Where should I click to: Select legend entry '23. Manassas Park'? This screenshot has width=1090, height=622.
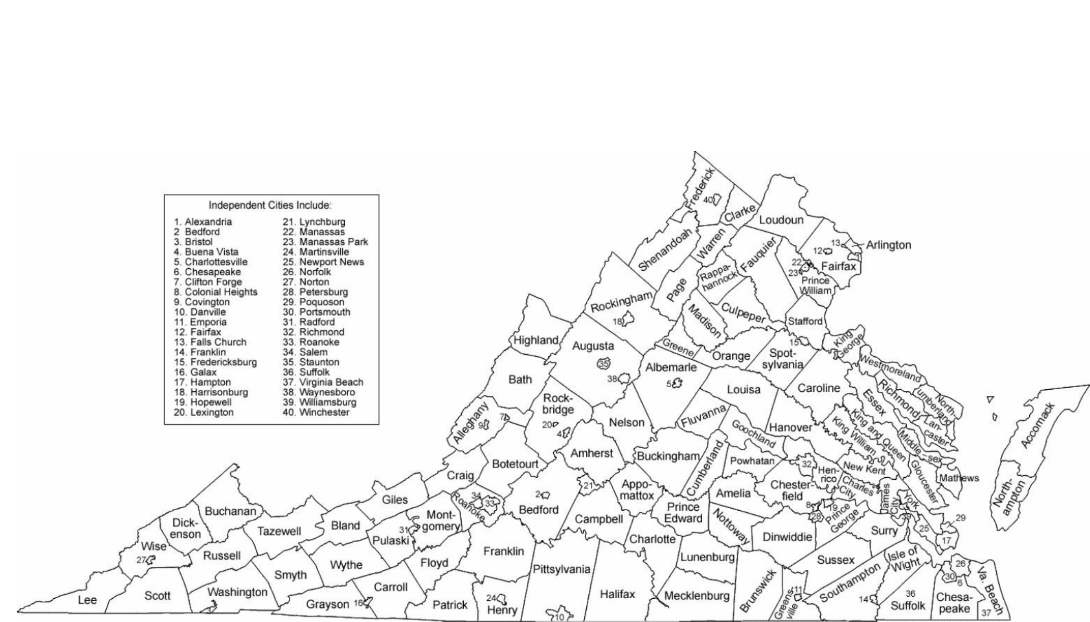tap(325, 242)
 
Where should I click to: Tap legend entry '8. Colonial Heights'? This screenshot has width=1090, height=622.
tap(216, 292)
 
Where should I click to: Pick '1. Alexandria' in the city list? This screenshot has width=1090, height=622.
tap(203, 222)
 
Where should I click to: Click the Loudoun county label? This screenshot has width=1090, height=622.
tap(781, 220)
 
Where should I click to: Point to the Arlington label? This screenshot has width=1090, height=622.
tap(889, 245)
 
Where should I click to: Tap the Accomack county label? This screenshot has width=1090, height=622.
tap(1037, 425)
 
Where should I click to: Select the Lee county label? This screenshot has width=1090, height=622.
tap(87, 600)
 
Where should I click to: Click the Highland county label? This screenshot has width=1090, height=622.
tap(536, 340)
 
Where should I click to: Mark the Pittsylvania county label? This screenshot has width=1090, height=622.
tap(561, 569)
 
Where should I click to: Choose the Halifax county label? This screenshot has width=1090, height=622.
tap(617, 594)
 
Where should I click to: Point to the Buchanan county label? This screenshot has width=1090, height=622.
tap(230, 512)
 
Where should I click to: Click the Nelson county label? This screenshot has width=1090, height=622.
tap(627, 423)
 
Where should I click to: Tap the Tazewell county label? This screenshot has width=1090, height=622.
tap(279, 531)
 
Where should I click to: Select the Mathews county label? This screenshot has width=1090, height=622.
tap(959, 478)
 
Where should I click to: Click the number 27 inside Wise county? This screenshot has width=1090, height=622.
tap(141, 560)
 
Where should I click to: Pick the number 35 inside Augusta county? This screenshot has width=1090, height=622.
tap(603, 363)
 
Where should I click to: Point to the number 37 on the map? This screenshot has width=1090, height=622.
tap(986, 613)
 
